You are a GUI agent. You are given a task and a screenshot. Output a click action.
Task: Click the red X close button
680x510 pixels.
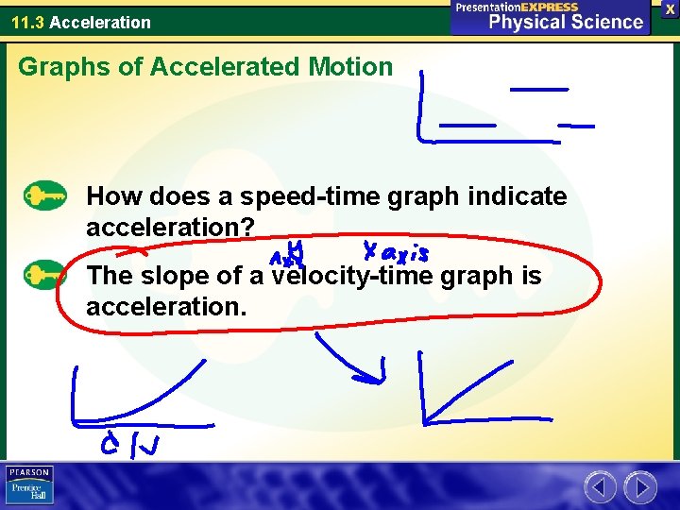click(x=670, y=8)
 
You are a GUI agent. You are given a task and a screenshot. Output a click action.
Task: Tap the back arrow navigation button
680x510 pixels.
click(x=601, y=487)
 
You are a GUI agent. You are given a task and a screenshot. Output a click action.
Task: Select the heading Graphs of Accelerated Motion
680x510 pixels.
click(x=205, y=67)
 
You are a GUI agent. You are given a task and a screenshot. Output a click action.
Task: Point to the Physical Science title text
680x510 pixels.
click(x=565, y=23)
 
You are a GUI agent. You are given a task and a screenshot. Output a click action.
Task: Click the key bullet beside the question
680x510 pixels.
click(x=44, y=196)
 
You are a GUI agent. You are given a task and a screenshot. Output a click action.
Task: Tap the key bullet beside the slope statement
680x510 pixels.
click(x=44, y=276)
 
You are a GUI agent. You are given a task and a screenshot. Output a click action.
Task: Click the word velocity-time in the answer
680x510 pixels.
click(x=350, y=276)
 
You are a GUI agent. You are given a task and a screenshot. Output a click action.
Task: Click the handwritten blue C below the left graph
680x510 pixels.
click(x=111, y=444)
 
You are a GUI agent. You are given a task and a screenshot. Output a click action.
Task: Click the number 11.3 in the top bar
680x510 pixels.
click(x=28, y=22)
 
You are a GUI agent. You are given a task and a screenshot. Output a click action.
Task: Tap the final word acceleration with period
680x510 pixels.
click(x=165, y=308)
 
